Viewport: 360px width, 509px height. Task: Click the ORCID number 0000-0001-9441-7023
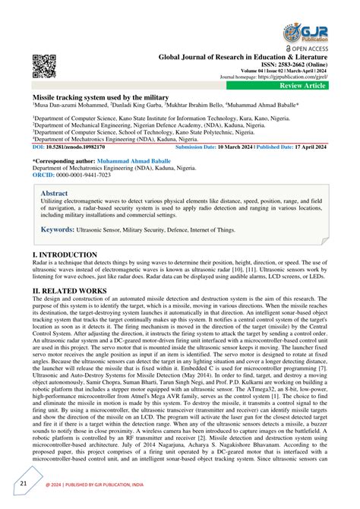81,175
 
